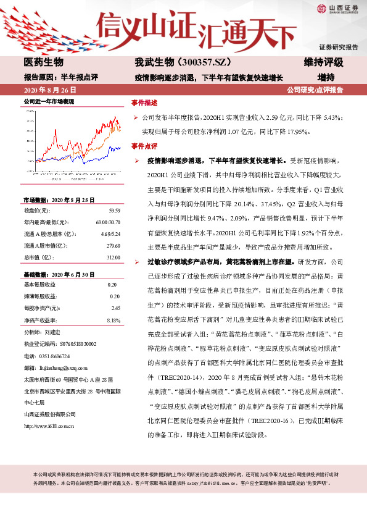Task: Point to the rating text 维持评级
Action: [x=323, y=63]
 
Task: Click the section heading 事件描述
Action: [x=144, y=102]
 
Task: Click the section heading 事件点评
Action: [x=144, y=146]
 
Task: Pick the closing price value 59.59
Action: [x=113, y=211]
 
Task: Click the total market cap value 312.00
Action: [x=113, y=256]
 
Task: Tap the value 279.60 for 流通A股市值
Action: [x=113, y=245]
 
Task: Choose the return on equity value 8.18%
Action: [x=113, y=320]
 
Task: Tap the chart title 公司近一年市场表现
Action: [x=49, y=101]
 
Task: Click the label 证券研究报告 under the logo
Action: [x=338, y=47]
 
